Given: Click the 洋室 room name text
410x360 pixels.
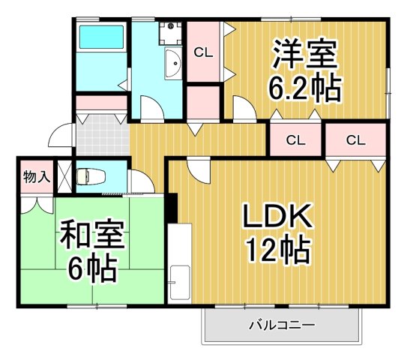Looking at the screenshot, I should (305, 54).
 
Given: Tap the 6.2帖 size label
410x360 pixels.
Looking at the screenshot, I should (305, 89).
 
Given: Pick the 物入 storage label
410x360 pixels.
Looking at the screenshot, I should (36, 177).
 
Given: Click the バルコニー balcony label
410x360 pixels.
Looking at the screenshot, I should (281, 325).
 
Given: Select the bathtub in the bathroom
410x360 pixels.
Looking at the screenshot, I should (102, 37).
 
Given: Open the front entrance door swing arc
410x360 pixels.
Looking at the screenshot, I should (58, 137).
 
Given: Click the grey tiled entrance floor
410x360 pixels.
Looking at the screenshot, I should (101, 136).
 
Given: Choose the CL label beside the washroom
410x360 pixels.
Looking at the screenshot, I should (202, 52).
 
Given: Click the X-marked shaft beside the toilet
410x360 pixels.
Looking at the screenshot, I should (64, 177).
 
